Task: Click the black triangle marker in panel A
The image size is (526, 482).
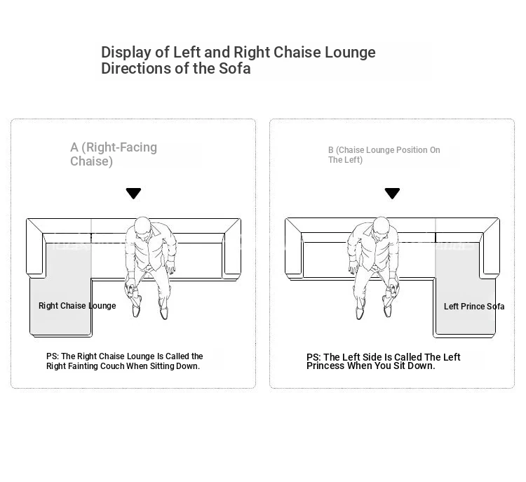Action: coord(133,194)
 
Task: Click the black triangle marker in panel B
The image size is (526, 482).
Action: coord(392,194)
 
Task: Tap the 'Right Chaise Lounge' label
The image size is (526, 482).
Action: coord(77,306)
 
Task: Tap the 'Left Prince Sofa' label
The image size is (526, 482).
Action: coord(474,306)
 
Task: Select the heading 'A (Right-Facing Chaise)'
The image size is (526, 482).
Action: coord(114,154)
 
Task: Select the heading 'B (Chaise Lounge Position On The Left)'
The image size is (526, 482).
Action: coord(384,155)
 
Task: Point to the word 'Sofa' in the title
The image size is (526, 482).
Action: coord(235,69)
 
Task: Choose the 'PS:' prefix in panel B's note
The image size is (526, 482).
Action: coord(313,357)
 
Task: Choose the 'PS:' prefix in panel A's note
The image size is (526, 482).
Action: coord(53,356)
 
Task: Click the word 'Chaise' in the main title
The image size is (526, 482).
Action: coord(297,53)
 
